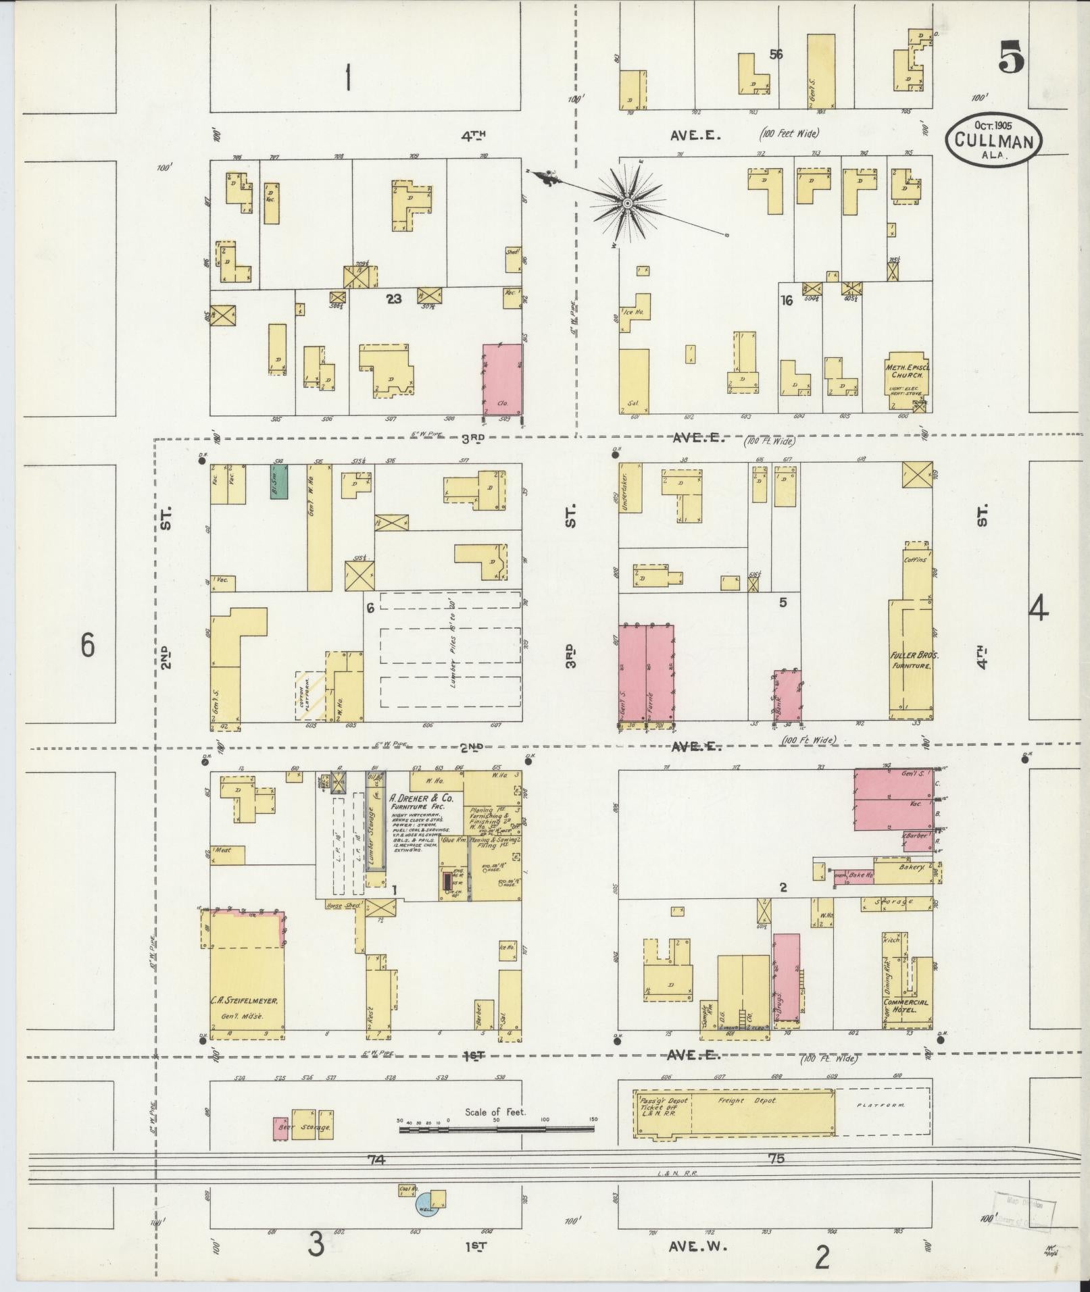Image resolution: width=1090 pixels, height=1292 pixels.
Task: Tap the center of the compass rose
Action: click(628, 203)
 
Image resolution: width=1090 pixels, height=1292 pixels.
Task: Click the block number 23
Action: click(393, 299)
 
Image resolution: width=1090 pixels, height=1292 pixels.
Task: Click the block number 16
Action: click(786, 301)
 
